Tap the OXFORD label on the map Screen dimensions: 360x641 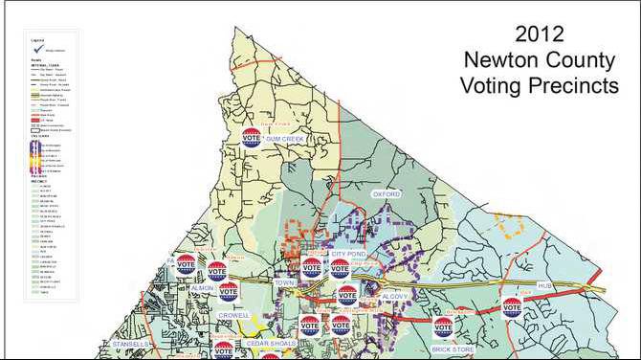point(384,194)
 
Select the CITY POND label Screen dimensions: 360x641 point(349,254)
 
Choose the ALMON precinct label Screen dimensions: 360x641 point(201,287)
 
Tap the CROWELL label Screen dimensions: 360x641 point(233,315)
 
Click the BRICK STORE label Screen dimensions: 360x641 point(453,350)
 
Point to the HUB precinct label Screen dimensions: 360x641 point(546,286)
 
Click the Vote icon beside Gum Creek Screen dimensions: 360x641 point(251,137)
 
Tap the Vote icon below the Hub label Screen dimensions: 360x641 point(513,307)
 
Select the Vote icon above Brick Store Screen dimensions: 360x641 point(442,326)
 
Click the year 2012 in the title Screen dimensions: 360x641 point(539,35)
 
